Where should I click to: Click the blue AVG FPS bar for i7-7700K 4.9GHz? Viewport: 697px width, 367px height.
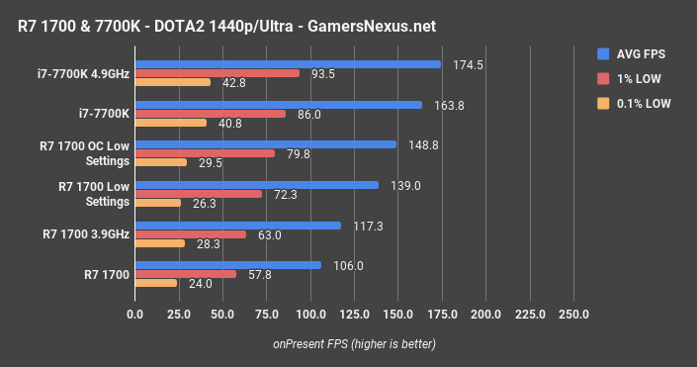287,64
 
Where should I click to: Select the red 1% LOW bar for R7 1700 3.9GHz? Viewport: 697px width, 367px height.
190,234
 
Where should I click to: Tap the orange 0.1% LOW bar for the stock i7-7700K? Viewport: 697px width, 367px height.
170,123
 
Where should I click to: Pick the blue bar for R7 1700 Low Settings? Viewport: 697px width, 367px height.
256,185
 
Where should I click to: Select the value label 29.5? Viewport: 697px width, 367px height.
211,162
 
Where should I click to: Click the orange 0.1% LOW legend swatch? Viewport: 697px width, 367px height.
603,103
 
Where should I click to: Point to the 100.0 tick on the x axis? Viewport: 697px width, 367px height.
310,316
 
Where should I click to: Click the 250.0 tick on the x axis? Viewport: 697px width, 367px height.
573,316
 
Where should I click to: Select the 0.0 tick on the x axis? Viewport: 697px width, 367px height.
134,316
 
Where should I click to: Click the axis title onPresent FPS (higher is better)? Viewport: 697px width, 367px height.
354,343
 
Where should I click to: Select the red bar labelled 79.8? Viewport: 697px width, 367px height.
205,153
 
